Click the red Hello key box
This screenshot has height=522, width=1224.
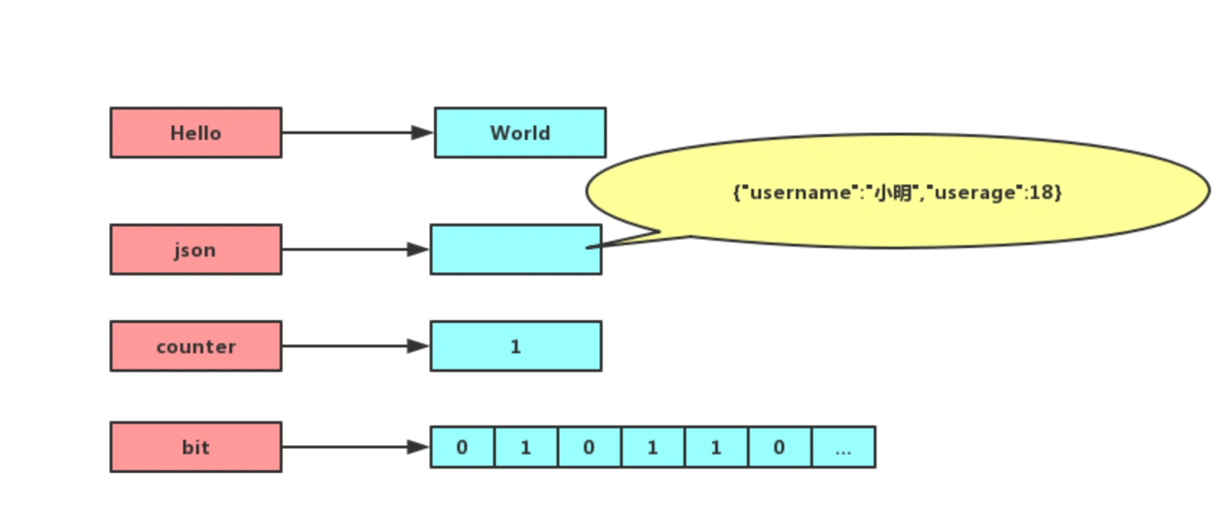[195, 133]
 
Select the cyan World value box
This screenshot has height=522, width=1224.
[520, 133]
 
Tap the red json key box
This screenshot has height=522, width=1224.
[195, 249]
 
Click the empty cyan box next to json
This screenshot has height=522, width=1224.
[505, 249]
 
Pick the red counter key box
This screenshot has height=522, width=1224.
[195, 346]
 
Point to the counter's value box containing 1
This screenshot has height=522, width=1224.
[515, 346]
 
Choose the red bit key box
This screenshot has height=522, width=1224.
[195, 447]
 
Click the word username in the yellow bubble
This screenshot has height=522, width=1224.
[800, 193]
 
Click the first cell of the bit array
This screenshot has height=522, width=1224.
[462, 447]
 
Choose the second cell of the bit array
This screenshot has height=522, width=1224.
[525, 447]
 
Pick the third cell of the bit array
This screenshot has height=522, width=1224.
[589, 447]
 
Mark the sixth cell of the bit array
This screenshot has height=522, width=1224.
[779, 447]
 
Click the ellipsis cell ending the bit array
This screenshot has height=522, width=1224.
[843, 447]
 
